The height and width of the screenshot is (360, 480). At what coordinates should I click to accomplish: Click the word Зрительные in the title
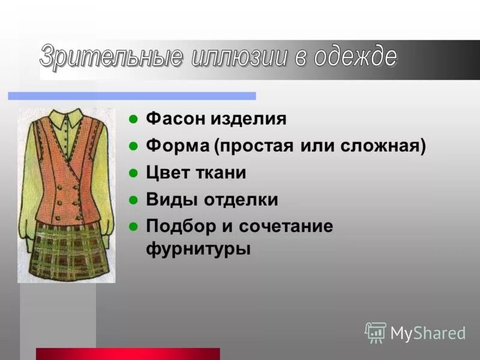[x=110, y=56]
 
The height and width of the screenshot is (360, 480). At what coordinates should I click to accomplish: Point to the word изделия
[x=248, y=119]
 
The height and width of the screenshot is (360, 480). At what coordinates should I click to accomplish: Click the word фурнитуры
[x=199, y=248]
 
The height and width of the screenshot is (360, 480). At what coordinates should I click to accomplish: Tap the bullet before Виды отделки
[x=134, y=200]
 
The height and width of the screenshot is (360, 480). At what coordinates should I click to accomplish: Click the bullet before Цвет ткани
[x=134, y=173]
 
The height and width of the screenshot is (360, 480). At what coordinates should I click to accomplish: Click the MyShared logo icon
[x=376, y=332]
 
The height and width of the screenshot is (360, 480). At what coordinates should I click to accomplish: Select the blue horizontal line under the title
[x=131, y=96]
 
